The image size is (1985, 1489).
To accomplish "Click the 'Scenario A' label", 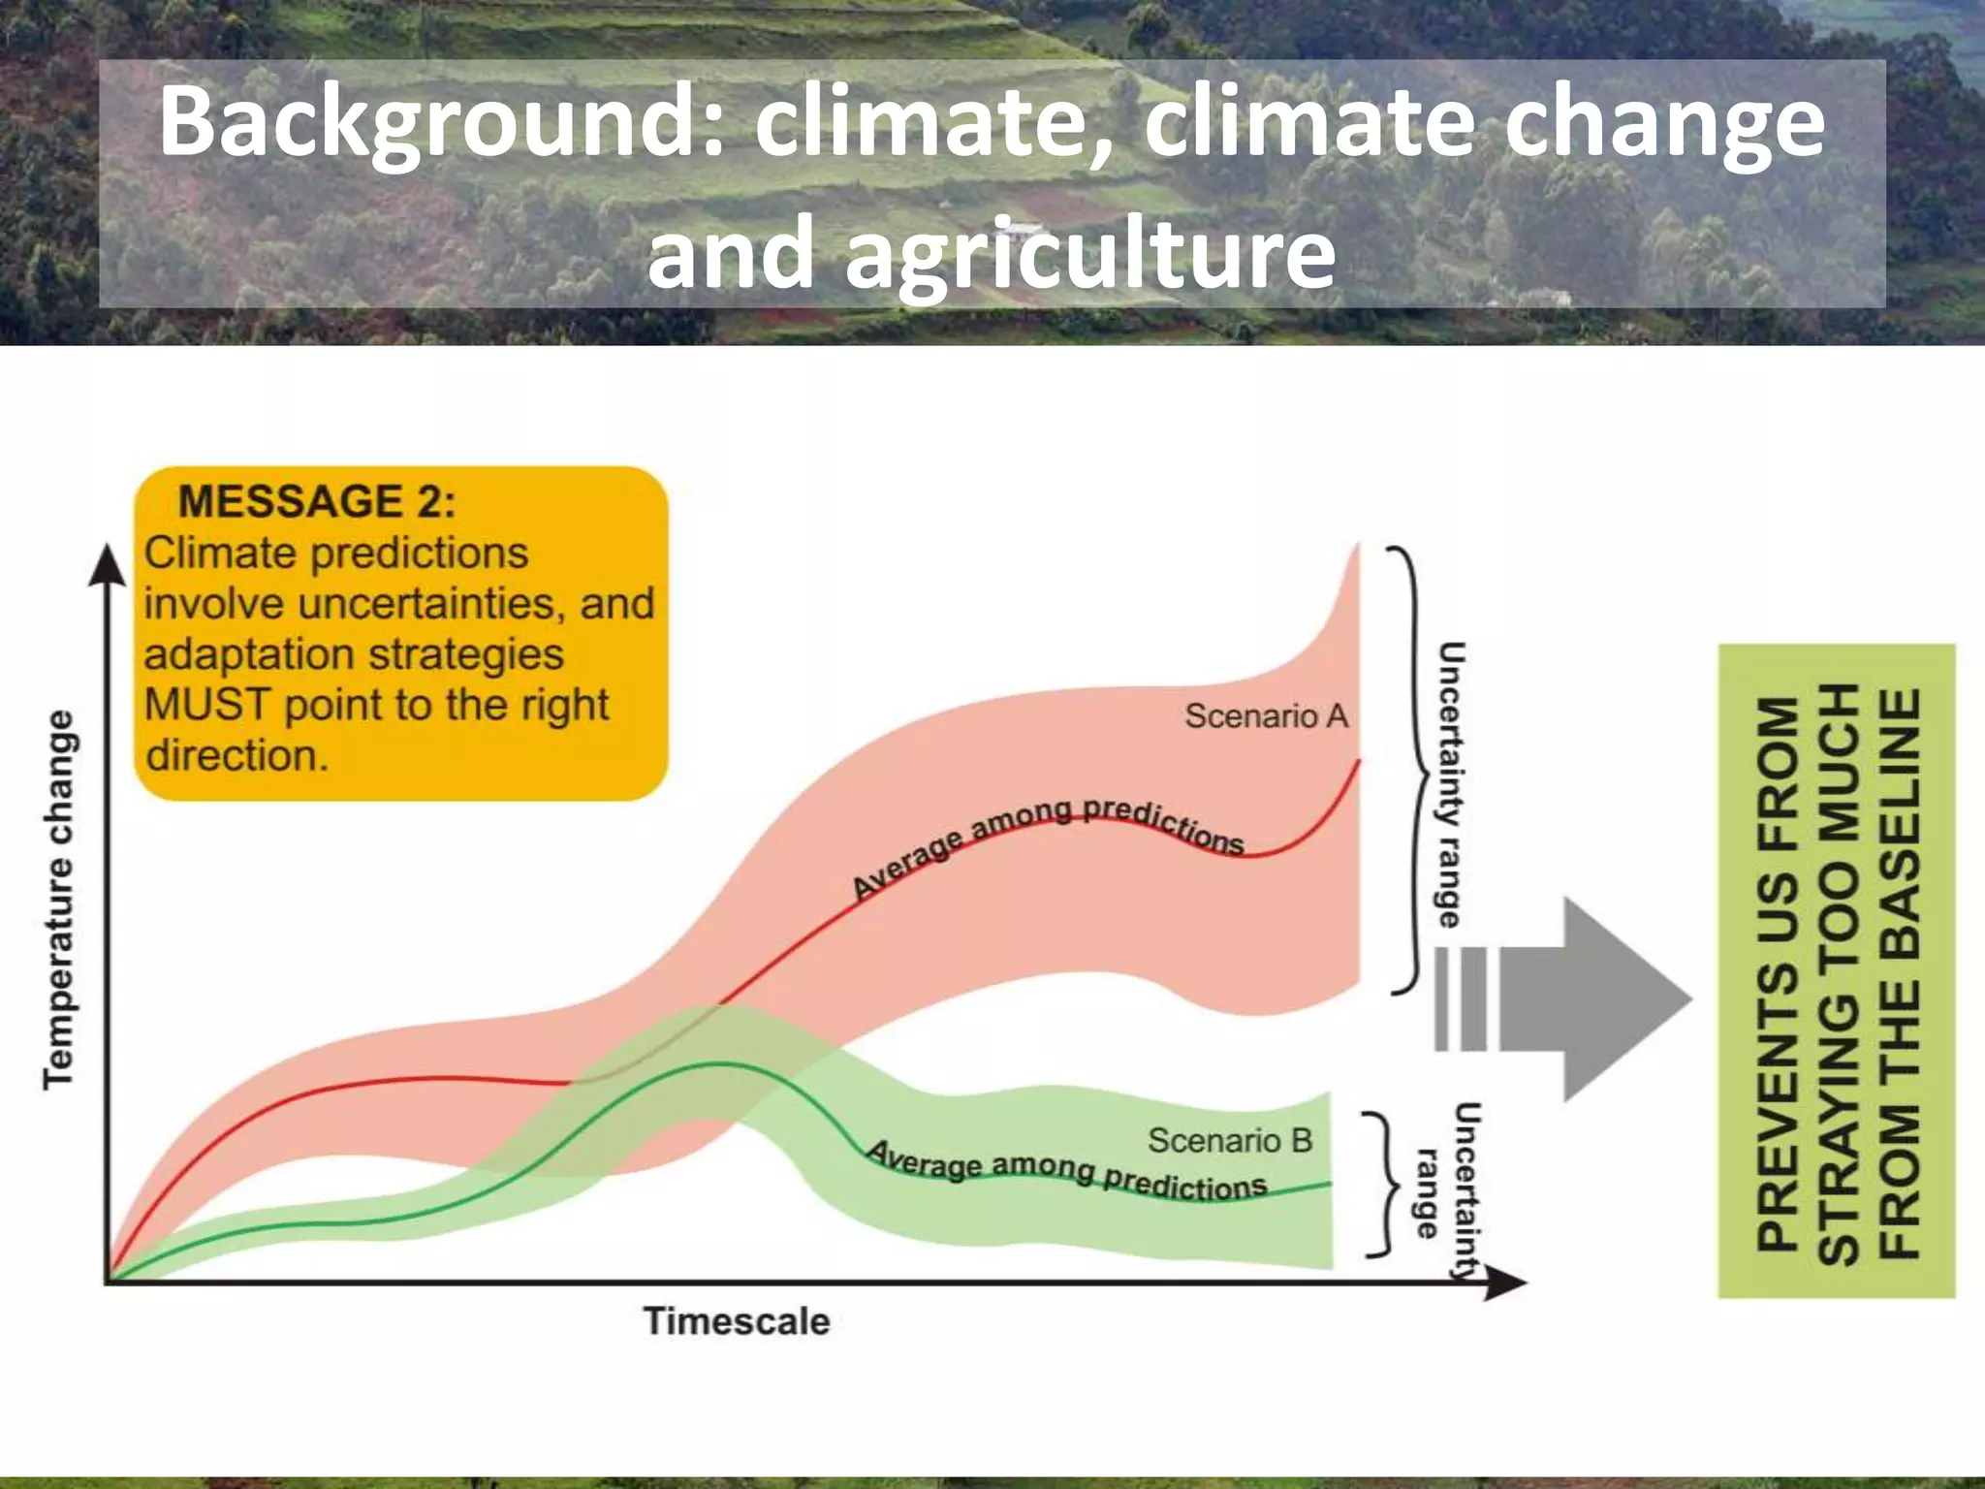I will coord(1266,716).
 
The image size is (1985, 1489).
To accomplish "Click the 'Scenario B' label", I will coord(1229,1140).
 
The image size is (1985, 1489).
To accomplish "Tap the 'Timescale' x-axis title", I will coord(737,1321).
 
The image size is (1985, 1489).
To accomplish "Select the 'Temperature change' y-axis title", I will coord(58,900).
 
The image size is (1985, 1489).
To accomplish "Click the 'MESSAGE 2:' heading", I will coord(316,501).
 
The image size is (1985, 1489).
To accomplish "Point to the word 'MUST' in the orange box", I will coord(205,705).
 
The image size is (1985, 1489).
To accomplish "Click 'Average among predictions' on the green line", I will coord(1066,1170).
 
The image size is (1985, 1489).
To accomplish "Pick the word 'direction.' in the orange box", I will coord(237,755).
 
